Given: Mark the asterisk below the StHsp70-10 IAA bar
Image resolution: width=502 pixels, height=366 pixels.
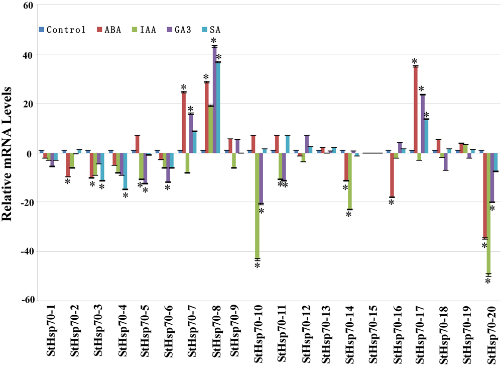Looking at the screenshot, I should (257, 265).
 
